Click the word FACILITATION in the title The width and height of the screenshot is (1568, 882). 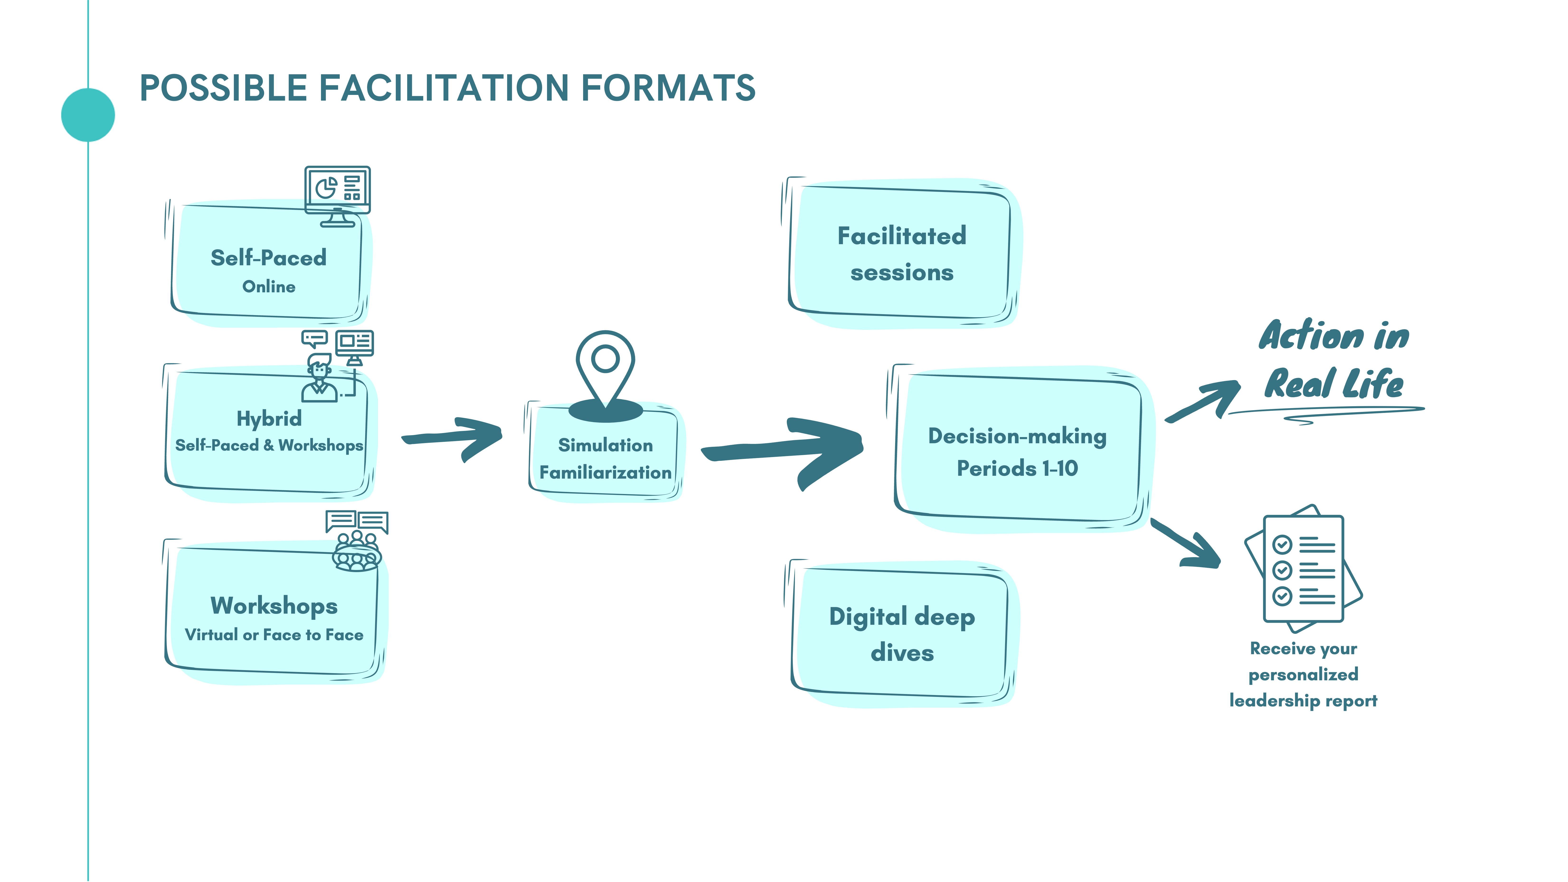(x=444, y=88)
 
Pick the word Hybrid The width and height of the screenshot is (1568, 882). (x=269, y=419)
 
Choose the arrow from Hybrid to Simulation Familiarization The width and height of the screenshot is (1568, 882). (x=453, y=437)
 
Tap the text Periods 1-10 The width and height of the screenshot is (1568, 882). (x=1017, y=468)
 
